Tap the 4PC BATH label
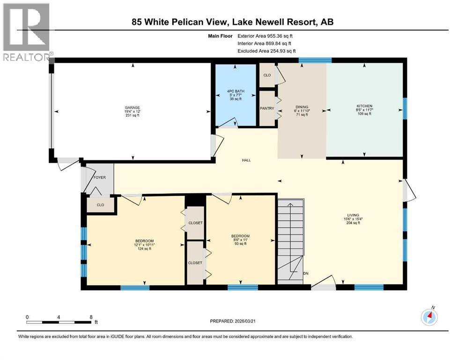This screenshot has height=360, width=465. (236, 91)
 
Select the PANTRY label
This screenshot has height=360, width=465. (266, 108)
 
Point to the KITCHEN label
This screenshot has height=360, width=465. (365, 106)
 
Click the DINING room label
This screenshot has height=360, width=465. (302, 107)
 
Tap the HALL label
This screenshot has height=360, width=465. (246, 160)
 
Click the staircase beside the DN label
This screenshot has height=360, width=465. (290, 239)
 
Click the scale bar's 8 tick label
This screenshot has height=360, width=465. (90, 317)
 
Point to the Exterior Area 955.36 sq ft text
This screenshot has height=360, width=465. (267, 36)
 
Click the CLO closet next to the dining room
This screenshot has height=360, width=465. (267, 75)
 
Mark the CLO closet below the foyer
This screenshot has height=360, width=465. (100, 205)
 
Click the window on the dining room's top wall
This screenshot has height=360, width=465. (315, 60)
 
